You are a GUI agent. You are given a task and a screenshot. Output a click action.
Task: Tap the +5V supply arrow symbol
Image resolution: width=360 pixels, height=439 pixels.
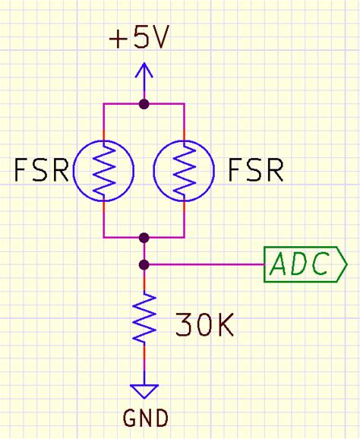tap(144, 73)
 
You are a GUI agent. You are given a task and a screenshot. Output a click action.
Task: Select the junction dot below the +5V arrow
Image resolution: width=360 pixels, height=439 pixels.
tap(144, 103)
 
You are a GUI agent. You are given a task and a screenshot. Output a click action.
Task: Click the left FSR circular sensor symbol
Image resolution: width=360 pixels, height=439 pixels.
tap(103, 171)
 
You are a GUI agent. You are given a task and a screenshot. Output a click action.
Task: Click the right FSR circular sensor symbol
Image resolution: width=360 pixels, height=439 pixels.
tap(185, 171)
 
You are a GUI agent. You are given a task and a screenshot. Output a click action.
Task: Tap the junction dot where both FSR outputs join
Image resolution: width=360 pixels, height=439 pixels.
tap(144, 238)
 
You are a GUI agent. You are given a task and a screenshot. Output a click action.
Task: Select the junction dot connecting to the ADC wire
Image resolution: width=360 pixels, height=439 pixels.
tap(144, 265)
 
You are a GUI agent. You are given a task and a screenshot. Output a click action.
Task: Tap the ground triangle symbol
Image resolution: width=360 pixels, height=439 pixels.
tap(144, 390)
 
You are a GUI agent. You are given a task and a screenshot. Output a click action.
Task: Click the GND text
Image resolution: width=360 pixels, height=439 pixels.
tap(144, 417)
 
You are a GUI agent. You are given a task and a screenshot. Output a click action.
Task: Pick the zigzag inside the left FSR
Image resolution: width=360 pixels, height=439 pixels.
tap(103, 171)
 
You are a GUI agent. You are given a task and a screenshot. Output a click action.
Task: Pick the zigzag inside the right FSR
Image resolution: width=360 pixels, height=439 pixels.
tap(185, 171)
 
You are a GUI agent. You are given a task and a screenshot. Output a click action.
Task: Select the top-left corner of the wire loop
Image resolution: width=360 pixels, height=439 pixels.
tap(103, 103)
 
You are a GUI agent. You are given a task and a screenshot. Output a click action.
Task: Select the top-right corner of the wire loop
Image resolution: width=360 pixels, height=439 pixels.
tap(185, 103)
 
